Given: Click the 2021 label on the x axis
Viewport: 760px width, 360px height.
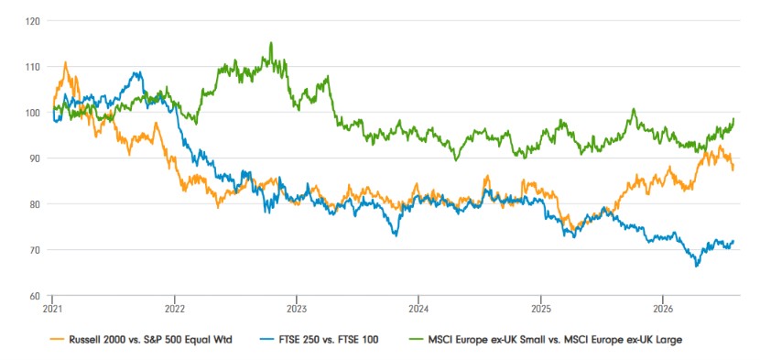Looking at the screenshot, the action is click(x=52, y=308).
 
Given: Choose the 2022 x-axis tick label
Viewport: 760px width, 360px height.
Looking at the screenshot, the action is click(x=174, y=308).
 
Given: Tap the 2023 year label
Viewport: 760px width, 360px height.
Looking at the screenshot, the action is click(x=296, y=308).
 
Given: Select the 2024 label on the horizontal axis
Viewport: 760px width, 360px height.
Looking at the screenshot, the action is click(x=418, y=308).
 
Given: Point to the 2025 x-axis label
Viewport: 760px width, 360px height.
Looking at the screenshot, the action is click(x=540, y=308).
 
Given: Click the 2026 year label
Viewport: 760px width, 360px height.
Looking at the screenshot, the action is click(x=663, y=308).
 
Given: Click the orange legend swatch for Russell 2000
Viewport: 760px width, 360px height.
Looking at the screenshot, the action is click(x=58, y=340).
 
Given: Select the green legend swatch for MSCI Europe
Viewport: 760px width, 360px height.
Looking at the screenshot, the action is click(x=417, y=340).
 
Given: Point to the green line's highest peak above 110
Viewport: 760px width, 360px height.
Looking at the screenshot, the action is click(x=271, y=43).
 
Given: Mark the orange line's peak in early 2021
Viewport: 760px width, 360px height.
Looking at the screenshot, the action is click(x=65, y=62).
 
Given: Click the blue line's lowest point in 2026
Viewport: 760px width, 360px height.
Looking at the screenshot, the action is click(x=697, y=266).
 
